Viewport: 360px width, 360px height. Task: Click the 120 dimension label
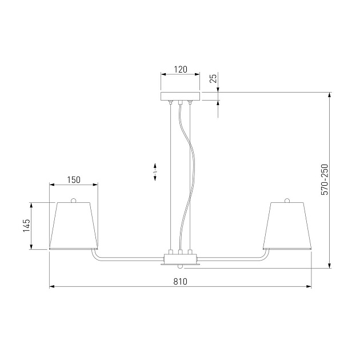coord(181,70)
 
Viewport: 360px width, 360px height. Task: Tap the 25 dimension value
coord(213,78)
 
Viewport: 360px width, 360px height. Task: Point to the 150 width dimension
coord(74,179)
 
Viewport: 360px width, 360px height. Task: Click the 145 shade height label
coord(26,226)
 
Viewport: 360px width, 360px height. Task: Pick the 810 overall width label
coord(181,281)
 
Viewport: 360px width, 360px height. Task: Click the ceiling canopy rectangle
coord(181,96)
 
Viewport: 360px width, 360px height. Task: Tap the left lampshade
coord(73,226)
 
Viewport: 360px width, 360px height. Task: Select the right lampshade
coord(287,226)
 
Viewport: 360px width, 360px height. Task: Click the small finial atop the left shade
coord(73,200)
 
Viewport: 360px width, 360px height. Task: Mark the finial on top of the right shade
coord(287,200)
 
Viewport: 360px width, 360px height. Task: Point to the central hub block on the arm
coord(181,257)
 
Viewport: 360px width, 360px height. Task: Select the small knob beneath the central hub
coord(181,266)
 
